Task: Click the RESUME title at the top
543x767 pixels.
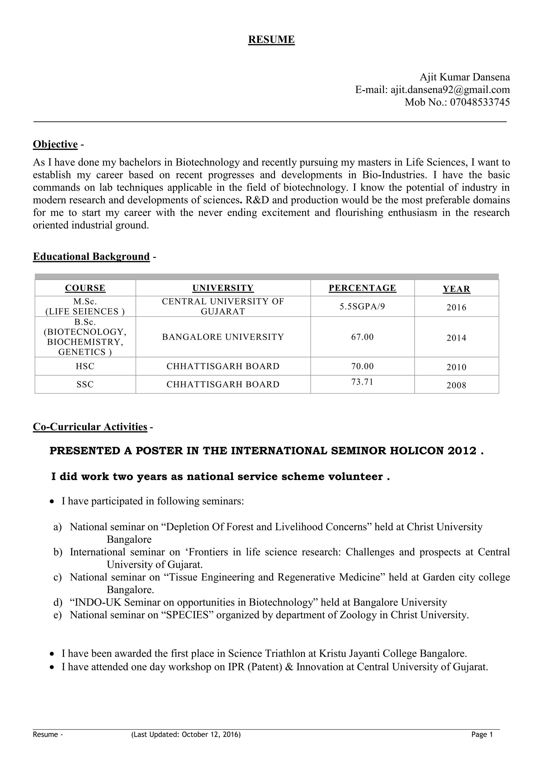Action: (x=271, y=39)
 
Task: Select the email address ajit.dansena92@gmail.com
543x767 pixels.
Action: (x=450, y=90)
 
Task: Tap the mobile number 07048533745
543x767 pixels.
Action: (x=480, y=102)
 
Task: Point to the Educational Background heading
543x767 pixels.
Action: (x=91, y=256)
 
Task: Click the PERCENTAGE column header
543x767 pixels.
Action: (x=362, y=288)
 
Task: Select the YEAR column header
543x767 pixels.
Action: (x=456, y=289)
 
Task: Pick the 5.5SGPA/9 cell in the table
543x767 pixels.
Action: (x=362, y=306)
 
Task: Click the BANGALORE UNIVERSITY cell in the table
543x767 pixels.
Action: (x=223, y=337)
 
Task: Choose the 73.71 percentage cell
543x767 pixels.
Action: (x=362, y=382)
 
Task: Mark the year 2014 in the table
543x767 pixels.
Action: (x=456, y=338)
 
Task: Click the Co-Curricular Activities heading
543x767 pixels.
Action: (x=90, y=427)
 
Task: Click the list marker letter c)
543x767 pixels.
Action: (x=58, y=577)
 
